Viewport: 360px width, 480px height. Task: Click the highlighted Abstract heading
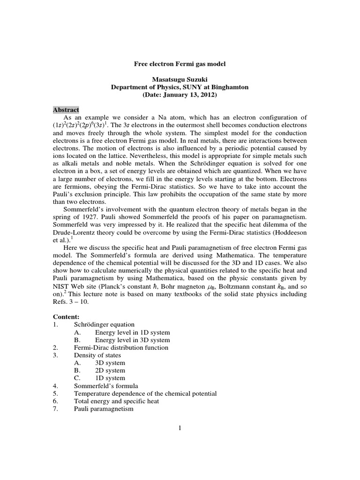point(66,109)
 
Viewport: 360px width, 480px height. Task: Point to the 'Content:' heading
point(66,317)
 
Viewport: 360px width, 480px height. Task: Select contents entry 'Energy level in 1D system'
point(132,332)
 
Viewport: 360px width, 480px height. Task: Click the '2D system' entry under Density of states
point(110,370)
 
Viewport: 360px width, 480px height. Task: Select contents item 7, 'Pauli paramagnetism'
point(104,409)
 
